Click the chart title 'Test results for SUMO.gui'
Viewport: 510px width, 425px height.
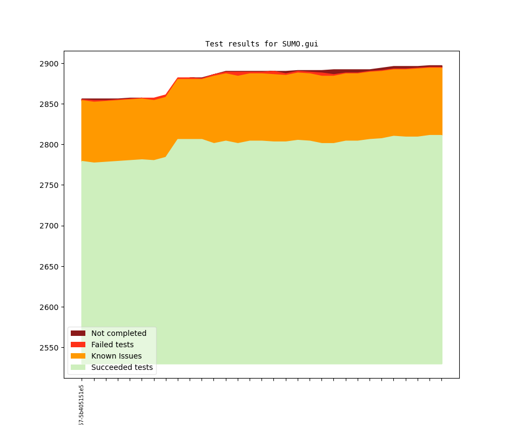point(261,44)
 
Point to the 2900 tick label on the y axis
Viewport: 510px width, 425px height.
point(50,64)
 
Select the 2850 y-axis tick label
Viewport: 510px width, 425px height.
point(50,104)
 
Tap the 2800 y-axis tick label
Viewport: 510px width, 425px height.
point(50,145)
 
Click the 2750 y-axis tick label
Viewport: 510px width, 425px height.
point(50,185)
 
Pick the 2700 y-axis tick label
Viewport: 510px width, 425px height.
point(50,226)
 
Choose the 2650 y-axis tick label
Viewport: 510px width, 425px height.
point(50,267)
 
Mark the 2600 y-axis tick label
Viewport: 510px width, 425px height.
point(50,307)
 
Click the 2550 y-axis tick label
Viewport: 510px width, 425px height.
point(50,348)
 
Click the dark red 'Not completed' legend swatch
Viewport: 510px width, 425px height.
point(78,333)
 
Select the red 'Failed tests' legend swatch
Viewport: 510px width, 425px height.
point(78,345)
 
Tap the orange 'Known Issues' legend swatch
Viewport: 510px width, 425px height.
point(78,356)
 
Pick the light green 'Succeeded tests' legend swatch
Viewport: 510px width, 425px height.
point(78,367)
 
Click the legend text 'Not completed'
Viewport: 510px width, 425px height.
point(119,333)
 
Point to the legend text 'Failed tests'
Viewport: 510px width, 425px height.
point(112,345)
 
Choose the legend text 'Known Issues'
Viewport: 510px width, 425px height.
point(116,356)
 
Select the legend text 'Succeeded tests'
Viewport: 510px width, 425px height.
point(122,367)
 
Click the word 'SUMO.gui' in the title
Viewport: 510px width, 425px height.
point(300,44)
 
